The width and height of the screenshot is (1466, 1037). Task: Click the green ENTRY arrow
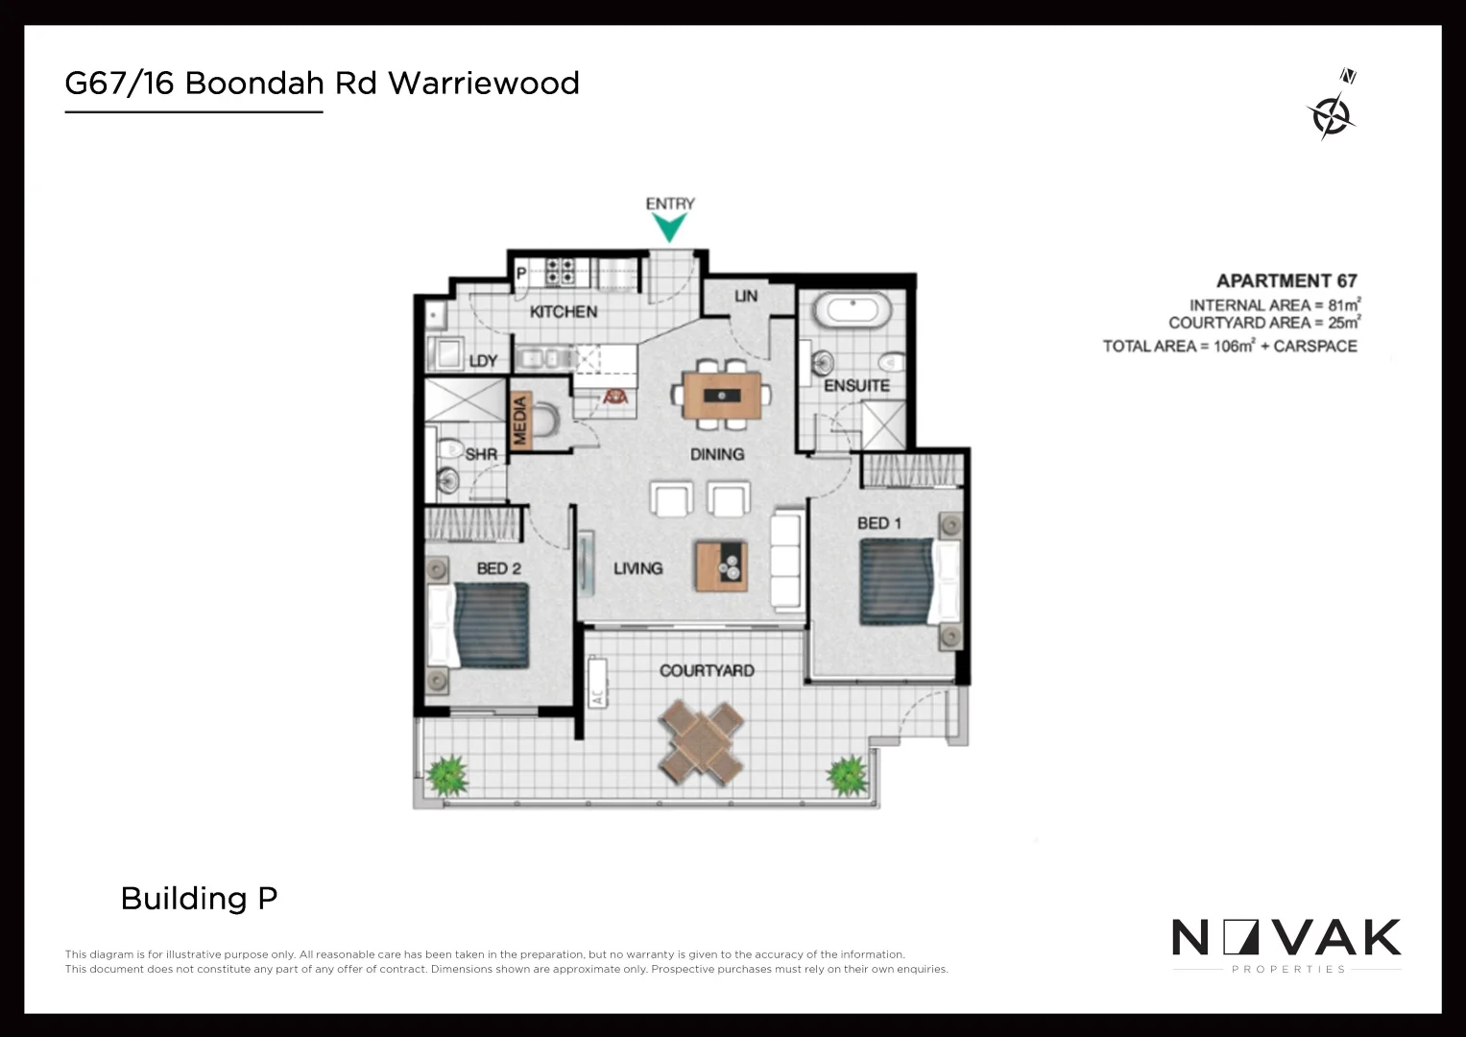tap(669, 228)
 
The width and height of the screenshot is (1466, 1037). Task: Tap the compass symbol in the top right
tap(1332, 114)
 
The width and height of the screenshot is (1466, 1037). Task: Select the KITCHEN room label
tap(564, 311)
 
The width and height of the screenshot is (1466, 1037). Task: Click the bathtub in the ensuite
tap(852, 312)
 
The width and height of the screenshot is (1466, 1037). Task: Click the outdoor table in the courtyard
tap(702, 738)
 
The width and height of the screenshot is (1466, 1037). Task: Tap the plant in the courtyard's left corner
tap(447, 774)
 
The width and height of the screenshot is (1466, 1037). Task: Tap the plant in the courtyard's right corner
tap(847, 774)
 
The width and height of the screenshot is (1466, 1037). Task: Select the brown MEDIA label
tap(520, 421)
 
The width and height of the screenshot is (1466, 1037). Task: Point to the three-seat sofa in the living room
tap(786, 561)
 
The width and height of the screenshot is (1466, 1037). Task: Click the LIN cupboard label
tap(746, 296)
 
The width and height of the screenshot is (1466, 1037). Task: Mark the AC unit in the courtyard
tap(598, 682)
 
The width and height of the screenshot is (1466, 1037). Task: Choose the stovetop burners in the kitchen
tap(560, 271)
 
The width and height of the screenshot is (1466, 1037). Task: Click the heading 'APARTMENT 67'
tap(1286, 280)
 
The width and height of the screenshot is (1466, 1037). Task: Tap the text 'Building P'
tap(199, 898)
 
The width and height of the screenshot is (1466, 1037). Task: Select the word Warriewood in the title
tap(484, 84)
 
